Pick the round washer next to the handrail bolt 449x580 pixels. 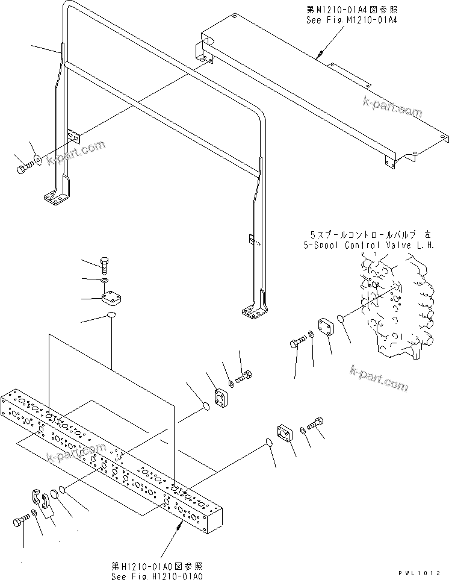click(38, 159)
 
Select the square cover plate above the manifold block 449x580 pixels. click(113, 298)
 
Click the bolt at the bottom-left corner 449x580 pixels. click(20, 522)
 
